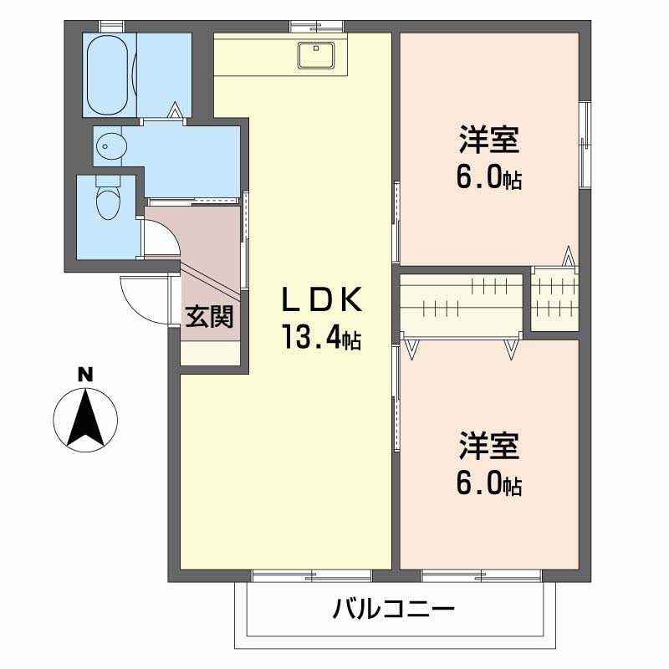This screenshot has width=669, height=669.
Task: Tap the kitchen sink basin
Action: point(317,54)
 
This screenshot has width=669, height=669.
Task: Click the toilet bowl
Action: point(106,202)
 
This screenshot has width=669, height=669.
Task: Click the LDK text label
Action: point(319,299)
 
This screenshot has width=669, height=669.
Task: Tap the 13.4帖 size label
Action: point(319,338)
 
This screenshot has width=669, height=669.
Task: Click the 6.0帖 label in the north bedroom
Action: point(489,179)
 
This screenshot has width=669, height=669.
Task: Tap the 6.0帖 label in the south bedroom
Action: point(489,485)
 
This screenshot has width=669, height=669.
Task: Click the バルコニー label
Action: point(393,608)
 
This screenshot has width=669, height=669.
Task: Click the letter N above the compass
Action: point(85,375)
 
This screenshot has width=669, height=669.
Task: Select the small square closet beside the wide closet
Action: point(554,299)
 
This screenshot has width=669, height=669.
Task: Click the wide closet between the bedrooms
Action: point(462,304)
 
